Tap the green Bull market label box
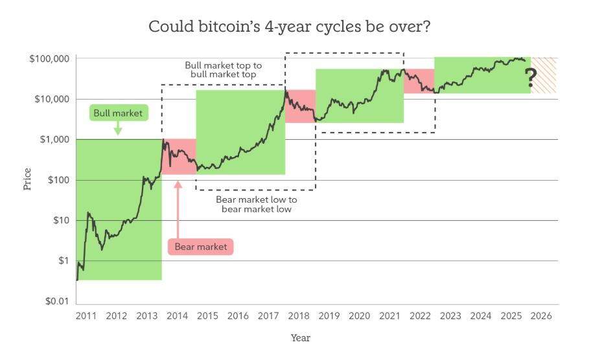pyautogui.click(x=117, y=113)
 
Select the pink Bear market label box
pyautogui.click(x=200, y=247)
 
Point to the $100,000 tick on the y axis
pyautogui.click(x=49, y=59)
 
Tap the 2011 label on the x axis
pyautogui.click(x=86, y=316)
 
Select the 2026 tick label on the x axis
pyautogui.click(x=542, y=316)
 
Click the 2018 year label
pyautogui.click(x=299, y=316)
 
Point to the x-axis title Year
pyautogui.click(x=300, y=338)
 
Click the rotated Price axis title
pyautogui.click(x=27, y=180)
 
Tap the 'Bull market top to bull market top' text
pyautogui.click(x=223, y=70)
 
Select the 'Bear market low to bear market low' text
pyautogui.click(x=256, y=204)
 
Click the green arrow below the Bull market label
pyautogui.click(x=117, y=129)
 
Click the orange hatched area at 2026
pyautogui.click(x=544, y=74)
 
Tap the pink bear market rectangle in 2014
pyautogui.click(x=179, y=157)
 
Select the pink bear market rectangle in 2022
pyautogui.click(x=419, y=81)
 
